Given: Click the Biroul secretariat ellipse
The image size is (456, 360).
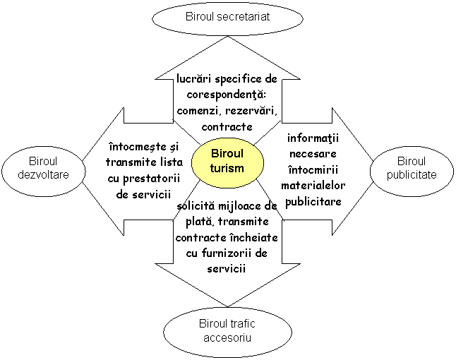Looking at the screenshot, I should pos(227,16).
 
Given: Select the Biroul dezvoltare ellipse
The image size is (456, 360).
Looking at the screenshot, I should pos(44,168).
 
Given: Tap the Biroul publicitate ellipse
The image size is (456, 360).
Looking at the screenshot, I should pos(412,168).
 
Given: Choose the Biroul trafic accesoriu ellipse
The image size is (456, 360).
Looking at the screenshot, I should pos(227,330).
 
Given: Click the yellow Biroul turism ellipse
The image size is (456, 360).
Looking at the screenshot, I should pos(227,161).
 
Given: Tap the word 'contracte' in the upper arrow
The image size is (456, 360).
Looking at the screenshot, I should pos(227,127).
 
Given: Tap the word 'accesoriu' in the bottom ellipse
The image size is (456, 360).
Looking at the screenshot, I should pos(227,337).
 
